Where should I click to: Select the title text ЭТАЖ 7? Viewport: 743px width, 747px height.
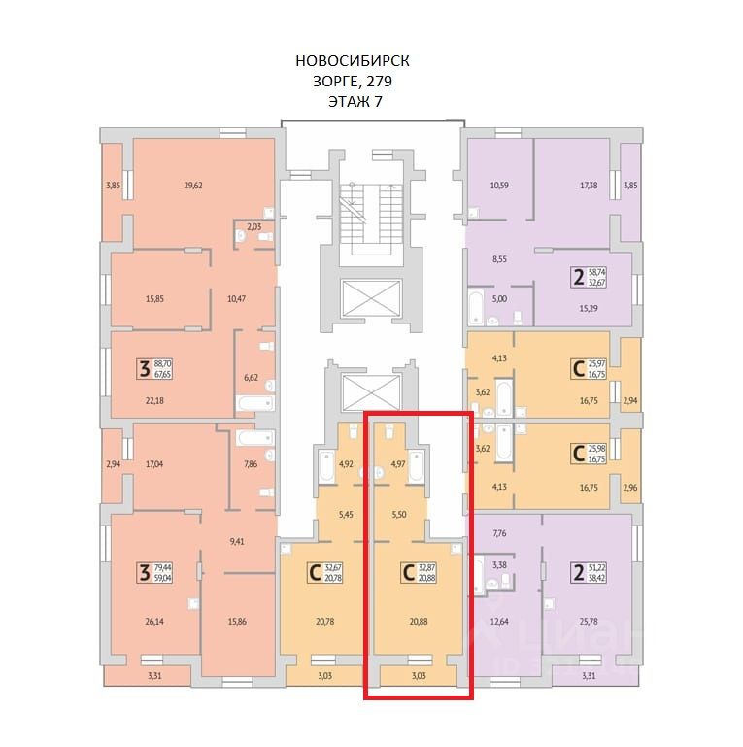(x=353, y=100)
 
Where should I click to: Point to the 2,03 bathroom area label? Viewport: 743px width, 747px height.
(x=253, y=227)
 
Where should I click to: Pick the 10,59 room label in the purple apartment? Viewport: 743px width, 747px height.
(x=499, y=185)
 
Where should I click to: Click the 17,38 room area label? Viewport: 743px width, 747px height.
(x=589, y=185)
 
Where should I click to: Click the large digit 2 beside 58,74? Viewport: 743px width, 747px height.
(x=580, y=279)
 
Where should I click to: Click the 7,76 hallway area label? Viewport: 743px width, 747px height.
(x=501, y=532)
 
